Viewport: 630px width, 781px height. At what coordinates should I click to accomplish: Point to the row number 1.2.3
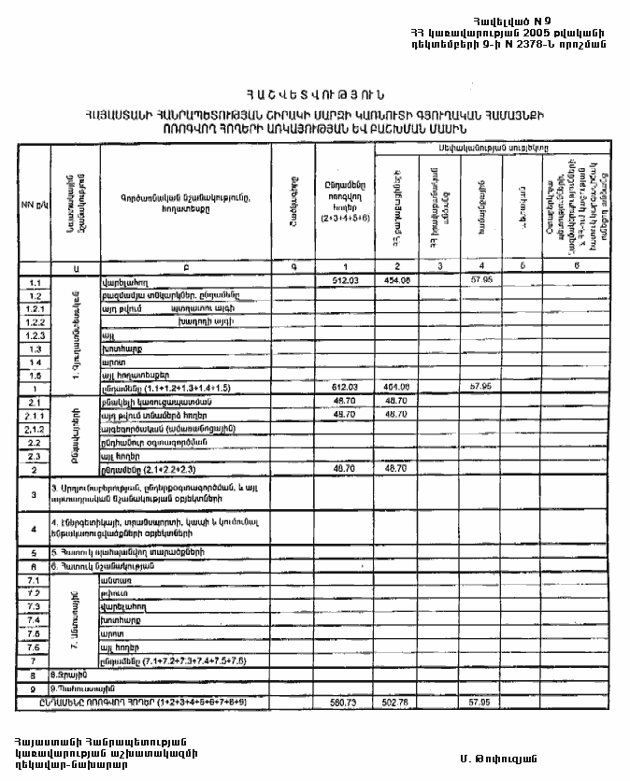point(36,334)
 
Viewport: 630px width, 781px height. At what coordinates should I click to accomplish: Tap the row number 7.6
point(36,646)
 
